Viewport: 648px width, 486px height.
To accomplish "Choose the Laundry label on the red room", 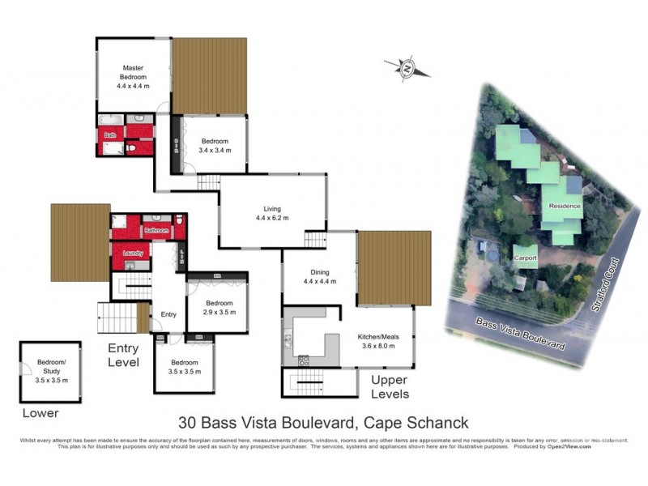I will pyautogui.click(x=133, y=254).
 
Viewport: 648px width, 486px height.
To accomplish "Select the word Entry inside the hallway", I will pyautogui.click(x=168, y=314).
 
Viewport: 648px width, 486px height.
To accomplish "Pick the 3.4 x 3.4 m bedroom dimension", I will pyautogui.click(x=215, y=150).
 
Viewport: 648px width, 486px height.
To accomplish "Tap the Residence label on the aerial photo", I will pyautogui.click(x=565, y=206).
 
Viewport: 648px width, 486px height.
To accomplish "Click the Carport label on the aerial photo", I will pyautogui.click(x=525, y=258).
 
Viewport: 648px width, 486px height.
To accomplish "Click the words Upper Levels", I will pyautogui.click(x=390, y=387).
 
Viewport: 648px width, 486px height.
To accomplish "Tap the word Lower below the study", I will pyautogui.click(x=40, y=413).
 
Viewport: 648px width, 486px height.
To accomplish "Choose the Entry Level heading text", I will pyautogui.click(x=123, y=356).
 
